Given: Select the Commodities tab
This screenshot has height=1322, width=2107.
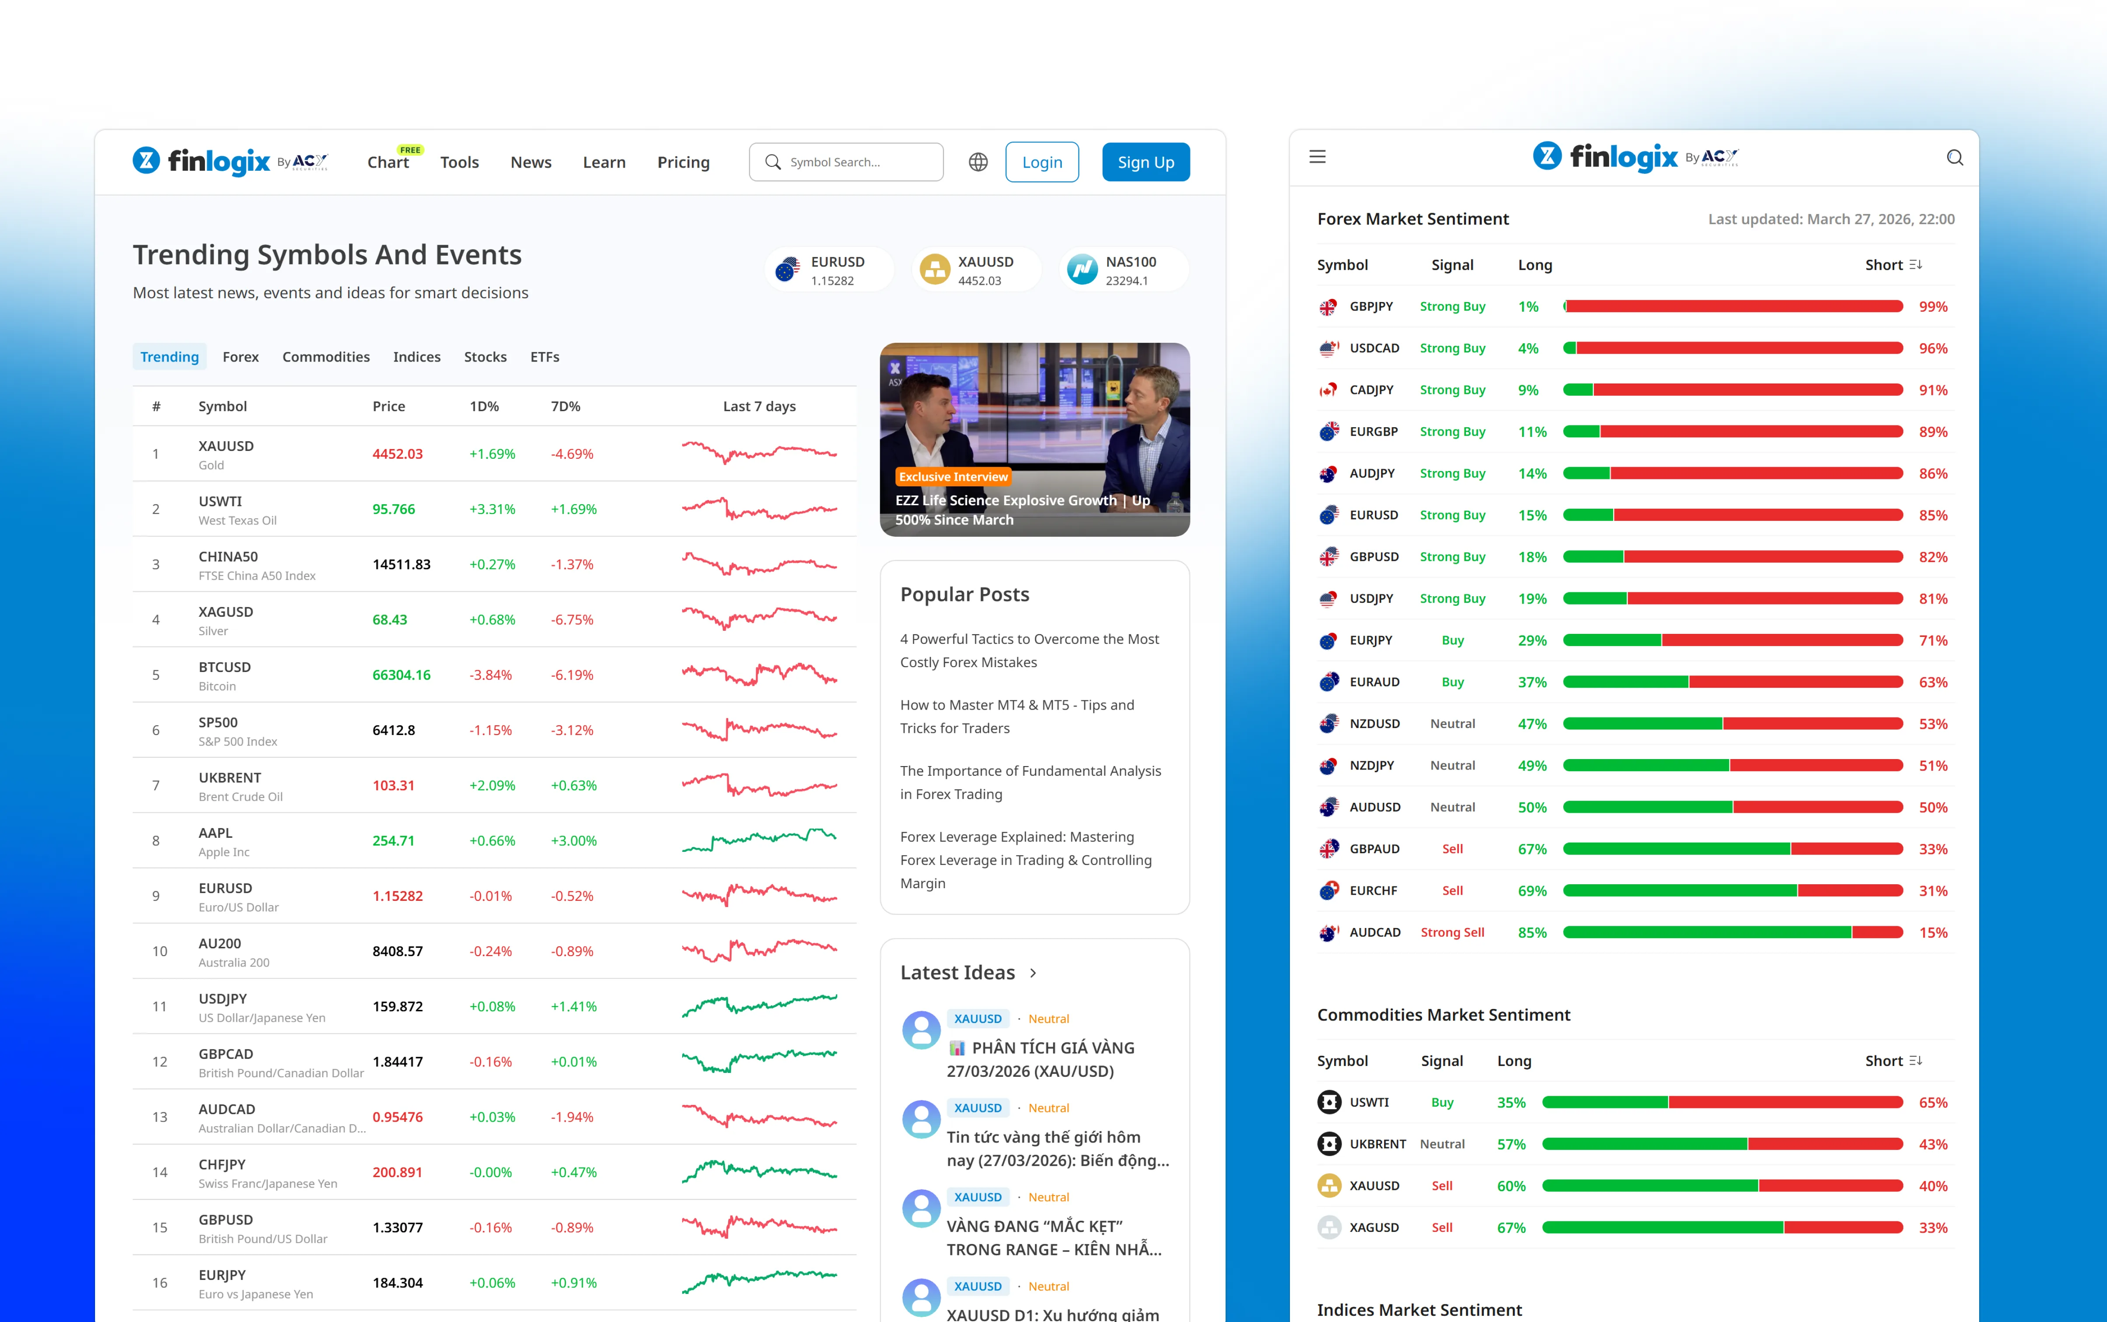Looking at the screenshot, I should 325,357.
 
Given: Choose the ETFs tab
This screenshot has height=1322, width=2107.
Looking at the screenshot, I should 544,357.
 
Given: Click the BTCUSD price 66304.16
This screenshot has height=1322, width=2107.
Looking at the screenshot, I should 402,675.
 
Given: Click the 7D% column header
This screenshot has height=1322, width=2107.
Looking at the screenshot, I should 565,407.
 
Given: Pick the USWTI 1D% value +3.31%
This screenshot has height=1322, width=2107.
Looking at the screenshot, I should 492,509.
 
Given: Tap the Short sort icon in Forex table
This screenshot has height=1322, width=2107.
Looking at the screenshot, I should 1916,265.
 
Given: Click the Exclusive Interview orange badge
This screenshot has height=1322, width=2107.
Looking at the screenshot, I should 953,477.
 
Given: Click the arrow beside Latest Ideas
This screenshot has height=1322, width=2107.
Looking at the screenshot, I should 1033,973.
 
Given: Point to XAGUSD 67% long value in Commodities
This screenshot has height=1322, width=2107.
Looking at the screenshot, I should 1511,1227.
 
